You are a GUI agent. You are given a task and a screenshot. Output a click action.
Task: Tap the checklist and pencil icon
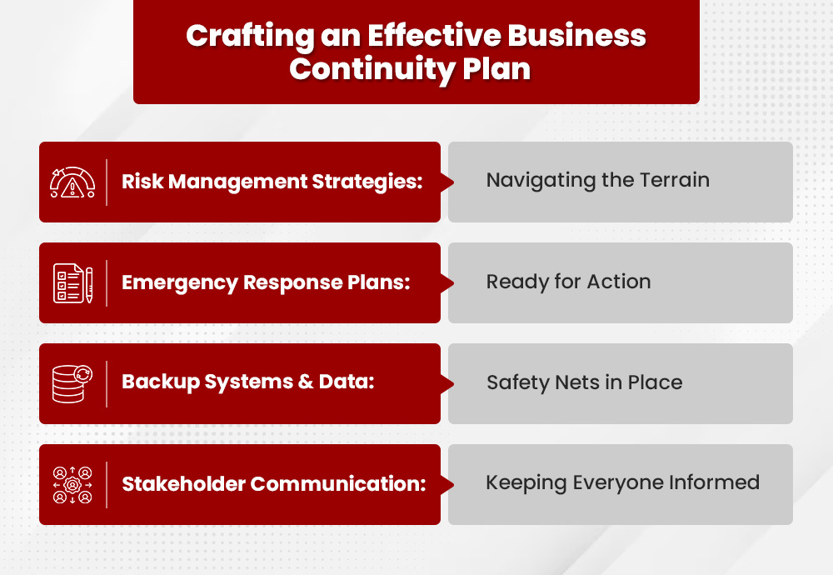73,283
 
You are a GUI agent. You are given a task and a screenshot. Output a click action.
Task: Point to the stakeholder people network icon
73,484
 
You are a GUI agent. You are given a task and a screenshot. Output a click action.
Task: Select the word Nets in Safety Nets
571,382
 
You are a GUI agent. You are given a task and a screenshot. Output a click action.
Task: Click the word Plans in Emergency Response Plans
382,282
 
